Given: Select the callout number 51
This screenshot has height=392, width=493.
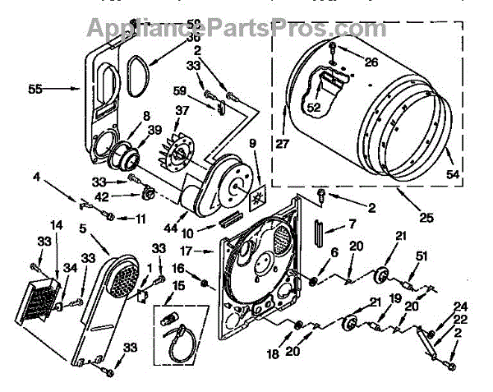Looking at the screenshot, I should (422, 256).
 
